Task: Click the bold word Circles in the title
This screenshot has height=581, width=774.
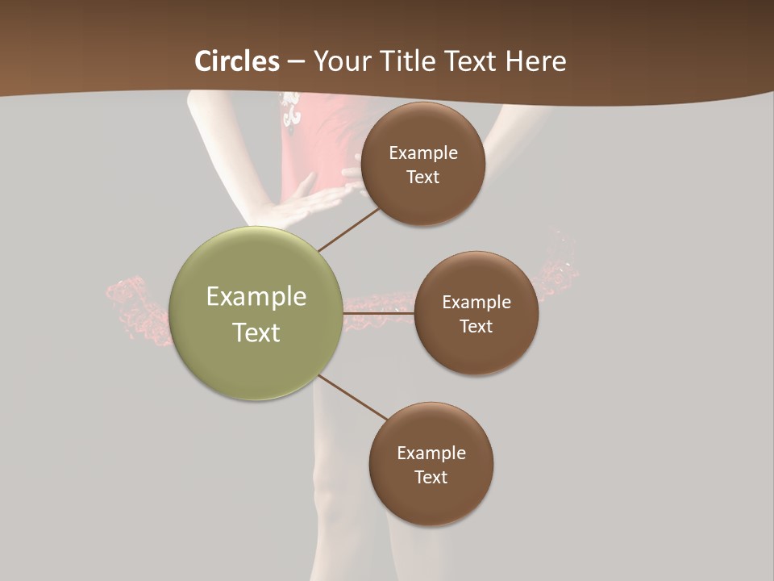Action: pos(237,61)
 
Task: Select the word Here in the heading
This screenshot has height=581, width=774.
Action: pos(535,61)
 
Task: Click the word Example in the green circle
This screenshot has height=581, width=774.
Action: pos(256,297)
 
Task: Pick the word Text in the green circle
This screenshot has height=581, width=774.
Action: pos(256,332)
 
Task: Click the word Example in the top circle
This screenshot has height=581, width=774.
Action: pos(422,153)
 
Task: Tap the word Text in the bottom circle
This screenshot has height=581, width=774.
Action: pos(431,477)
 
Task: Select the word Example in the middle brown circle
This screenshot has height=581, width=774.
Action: pos(476,303)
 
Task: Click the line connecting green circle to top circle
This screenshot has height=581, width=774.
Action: pos(348,229)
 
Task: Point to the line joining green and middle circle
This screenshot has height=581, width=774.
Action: pos(379,312)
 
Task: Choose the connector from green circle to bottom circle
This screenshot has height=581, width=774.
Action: pos(352,397)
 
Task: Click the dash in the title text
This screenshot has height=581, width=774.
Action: pos(296,62)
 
